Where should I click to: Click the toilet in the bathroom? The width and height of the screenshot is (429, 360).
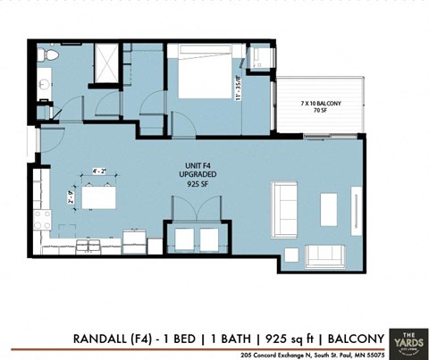pyautogui.click(x=51, y=57)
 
